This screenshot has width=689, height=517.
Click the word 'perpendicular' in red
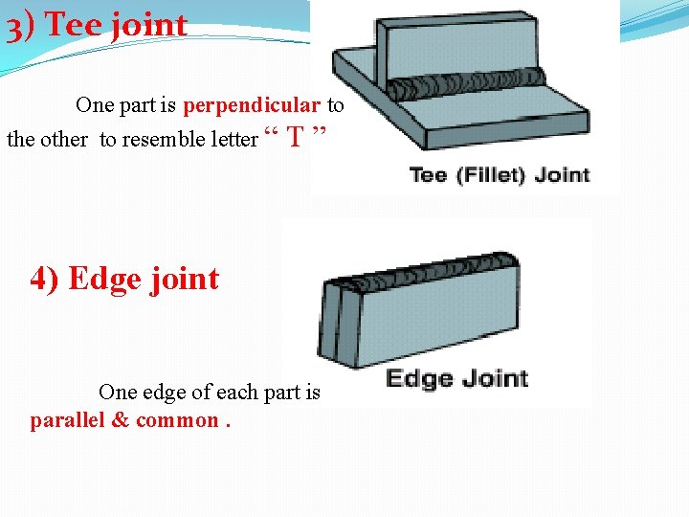[x=252, y=104]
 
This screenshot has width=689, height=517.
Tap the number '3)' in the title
[x=22, y=26]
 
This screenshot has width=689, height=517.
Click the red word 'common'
[x=177, y=420]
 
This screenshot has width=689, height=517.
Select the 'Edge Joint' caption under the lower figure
[x=456, y=378]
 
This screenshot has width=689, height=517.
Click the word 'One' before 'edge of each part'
[x=118, y=393]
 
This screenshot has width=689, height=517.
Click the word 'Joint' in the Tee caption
[x=562, y=175]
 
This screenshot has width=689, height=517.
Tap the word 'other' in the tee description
[x=64, y=140]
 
